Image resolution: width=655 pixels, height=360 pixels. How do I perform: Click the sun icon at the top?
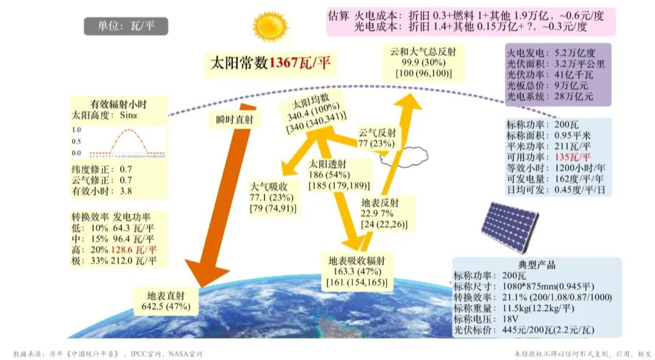coord(270,26)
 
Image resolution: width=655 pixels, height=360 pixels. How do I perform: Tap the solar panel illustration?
coord(509,226)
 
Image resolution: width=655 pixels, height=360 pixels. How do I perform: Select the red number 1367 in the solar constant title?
coord(283,63)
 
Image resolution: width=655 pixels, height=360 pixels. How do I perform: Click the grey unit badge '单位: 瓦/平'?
coord(126,26)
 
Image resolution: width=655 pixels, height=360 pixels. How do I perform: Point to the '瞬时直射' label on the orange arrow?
coord(235,119)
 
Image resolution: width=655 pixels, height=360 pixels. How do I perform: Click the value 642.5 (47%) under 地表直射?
coord(166,307)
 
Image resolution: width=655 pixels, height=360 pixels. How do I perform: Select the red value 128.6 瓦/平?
coord(133,250)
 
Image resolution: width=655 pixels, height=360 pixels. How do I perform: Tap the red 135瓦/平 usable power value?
coord(573,157)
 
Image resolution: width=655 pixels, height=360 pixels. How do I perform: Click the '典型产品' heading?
coord(537,265)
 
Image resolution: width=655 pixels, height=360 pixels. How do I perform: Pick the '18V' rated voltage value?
coord(511,319)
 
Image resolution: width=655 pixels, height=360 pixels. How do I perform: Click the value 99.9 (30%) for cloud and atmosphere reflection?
coord(423,62)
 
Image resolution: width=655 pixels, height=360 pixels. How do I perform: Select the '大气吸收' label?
coord(269,187)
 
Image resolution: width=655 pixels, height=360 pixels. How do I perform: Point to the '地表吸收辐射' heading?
coord(357,261)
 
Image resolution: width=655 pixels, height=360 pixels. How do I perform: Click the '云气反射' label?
coord(377,133)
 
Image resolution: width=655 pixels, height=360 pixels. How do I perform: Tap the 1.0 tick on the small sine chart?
coord(76,130)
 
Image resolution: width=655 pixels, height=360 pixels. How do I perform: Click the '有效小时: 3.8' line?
coord(102,191)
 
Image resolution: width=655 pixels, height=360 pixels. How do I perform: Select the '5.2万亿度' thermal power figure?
coord(575,53)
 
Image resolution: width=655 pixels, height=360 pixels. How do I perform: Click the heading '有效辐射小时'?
coord(119,104)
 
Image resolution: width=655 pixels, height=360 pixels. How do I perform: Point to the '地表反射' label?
coord(380,202)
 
